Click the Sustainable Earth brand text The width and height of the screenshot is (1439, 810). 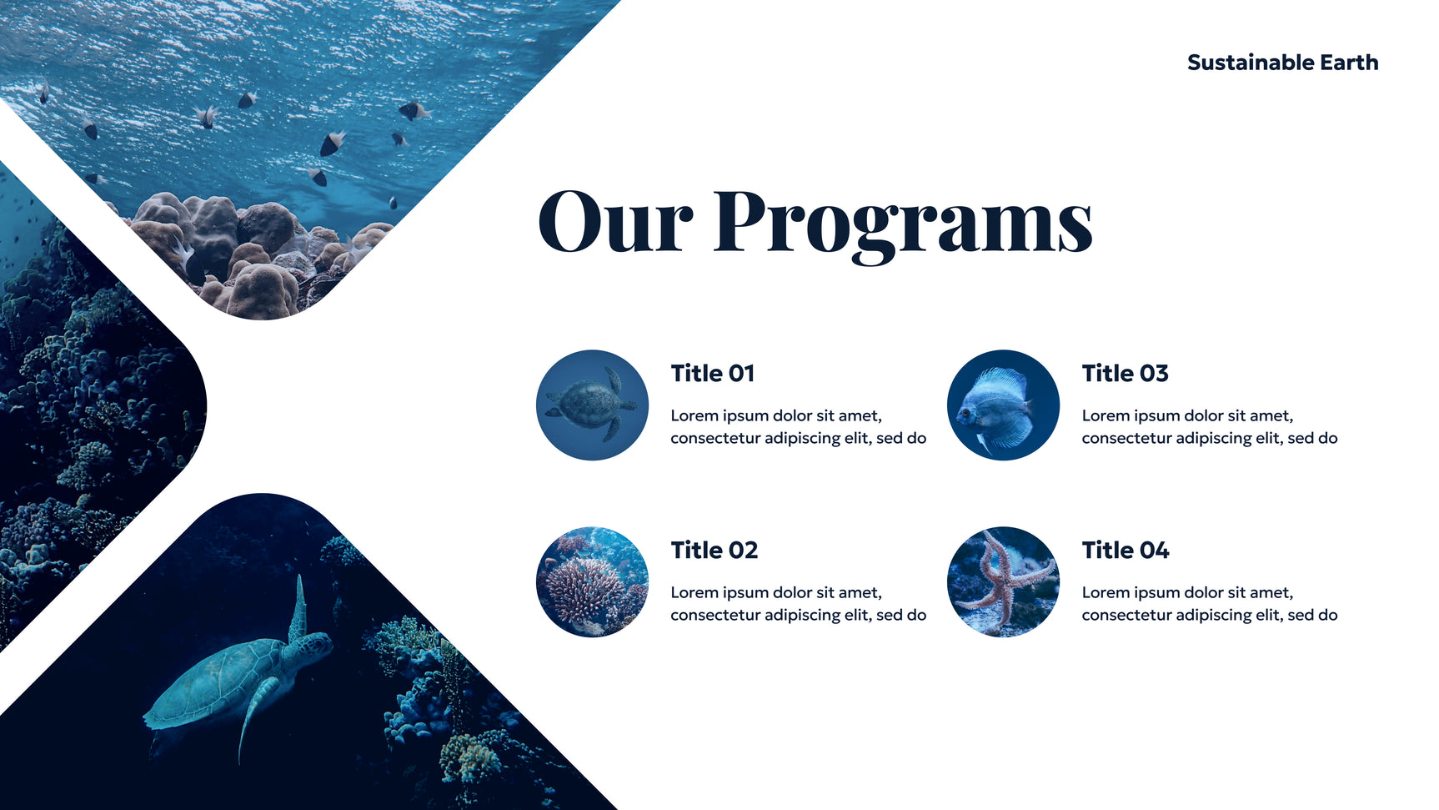[1282, 63]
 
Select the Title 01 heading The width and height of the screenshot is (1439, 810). [713, 373]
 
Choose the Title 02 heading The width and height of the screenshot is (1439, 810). [714, 550]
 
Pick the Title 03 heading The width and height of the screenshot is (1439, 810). [1125, 373]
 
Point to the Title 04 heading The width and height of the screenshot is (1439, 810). [1126, 550]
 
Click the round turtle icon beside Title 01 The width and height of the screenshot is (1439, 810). [592, 405]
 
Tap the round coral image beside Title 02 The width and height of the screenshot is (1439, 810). [592, 581]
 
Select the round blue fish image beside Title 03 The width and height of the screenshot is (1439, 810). [1003, 405]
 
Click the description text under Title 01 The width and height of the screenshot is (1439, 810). [798, 427]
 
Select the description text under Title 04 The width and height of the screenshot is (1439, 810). [1210, 604]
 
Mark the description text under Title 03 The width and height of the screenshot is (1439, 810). [1210, 427]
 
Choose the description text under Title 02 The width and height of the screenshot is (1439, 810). [798, 604]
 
